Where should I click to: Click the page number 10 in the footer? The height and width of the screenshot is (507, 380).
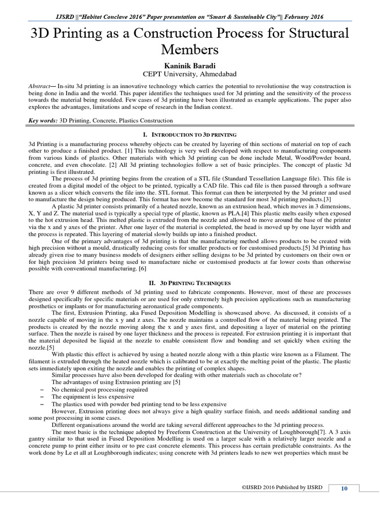344,489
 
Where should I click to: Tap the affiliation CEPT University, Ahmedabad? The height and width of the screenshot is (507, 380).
190,74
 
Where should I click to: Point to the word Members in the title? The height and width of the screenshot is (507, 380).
190,50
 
